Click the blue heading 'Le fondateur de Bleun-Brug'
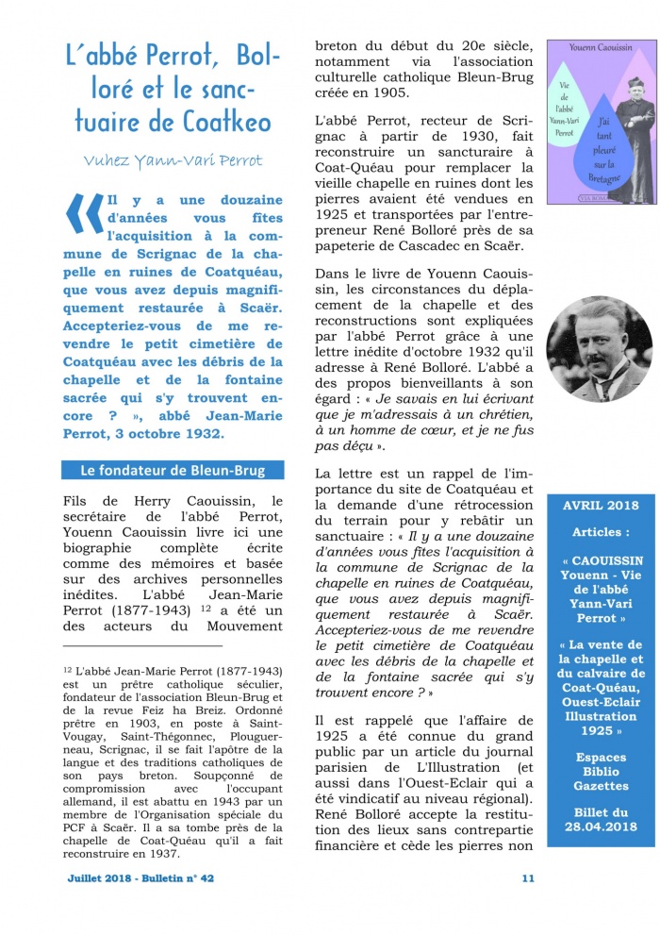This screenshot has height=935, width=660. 172,470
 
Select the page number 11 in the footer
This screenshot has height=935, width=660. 527,877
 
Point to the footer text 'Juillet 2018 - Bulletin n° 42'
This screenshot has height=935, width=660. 140,877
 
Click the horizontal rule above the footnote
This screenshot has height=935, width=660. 142,646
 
